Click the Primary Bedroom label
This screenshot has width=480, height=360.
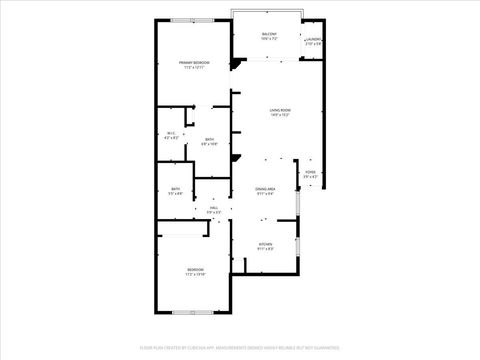coord(193,63)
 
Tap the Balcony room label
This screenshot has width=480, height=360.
coord(269,33)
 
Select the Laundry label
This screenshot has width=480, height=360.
coord(313,41)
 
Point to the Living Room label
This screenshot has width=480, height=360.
coord(280,109)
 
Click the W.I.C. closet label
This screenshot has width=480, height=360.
coord(171,134)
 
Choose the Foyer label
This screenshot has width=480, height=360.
coord(310,173)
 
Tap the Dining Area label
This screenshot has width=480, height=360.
coord(265,188)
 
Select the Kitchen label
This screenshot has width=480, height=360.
coord(265,244)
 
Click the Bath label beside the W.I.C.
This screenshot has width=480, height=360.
coord(209,139)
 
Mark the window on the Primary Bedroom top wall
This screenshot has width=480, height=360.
coord(183,20)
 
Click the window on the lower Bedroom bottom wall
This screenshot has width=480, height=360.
coord(187,313)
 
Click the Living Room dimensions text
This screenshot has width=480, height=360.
coord(280,115)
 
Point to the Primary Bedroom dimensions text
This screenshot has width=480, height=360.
coord(193,68)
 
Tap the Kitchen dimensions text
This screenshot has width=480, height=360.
coord(265,249)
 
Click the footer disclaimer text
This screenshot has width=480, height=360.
coord(240,348)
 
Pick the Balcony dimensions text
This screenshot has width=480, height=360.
coord(269,38)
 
